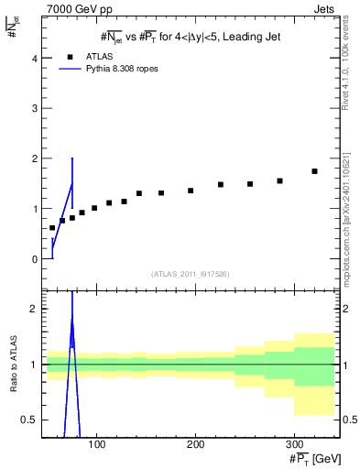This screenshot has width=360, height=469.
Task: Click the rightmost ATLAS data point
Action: pyautogui.click(x=314, y=171)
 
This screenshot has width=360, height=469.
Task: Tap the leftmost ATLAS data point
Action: pyautogui.click(x=52, y=228)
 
